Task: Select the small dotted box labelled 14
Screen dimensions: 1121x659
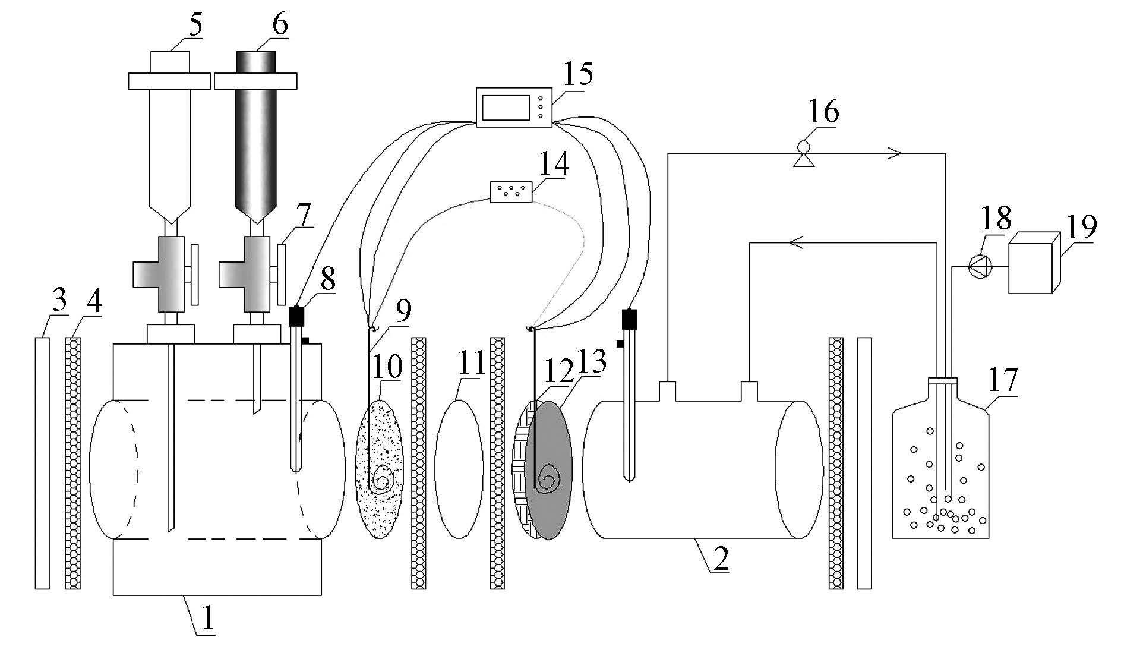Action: click(511, 192)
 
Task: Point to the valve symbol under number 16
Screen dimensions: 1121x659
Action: click(804, 154)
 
